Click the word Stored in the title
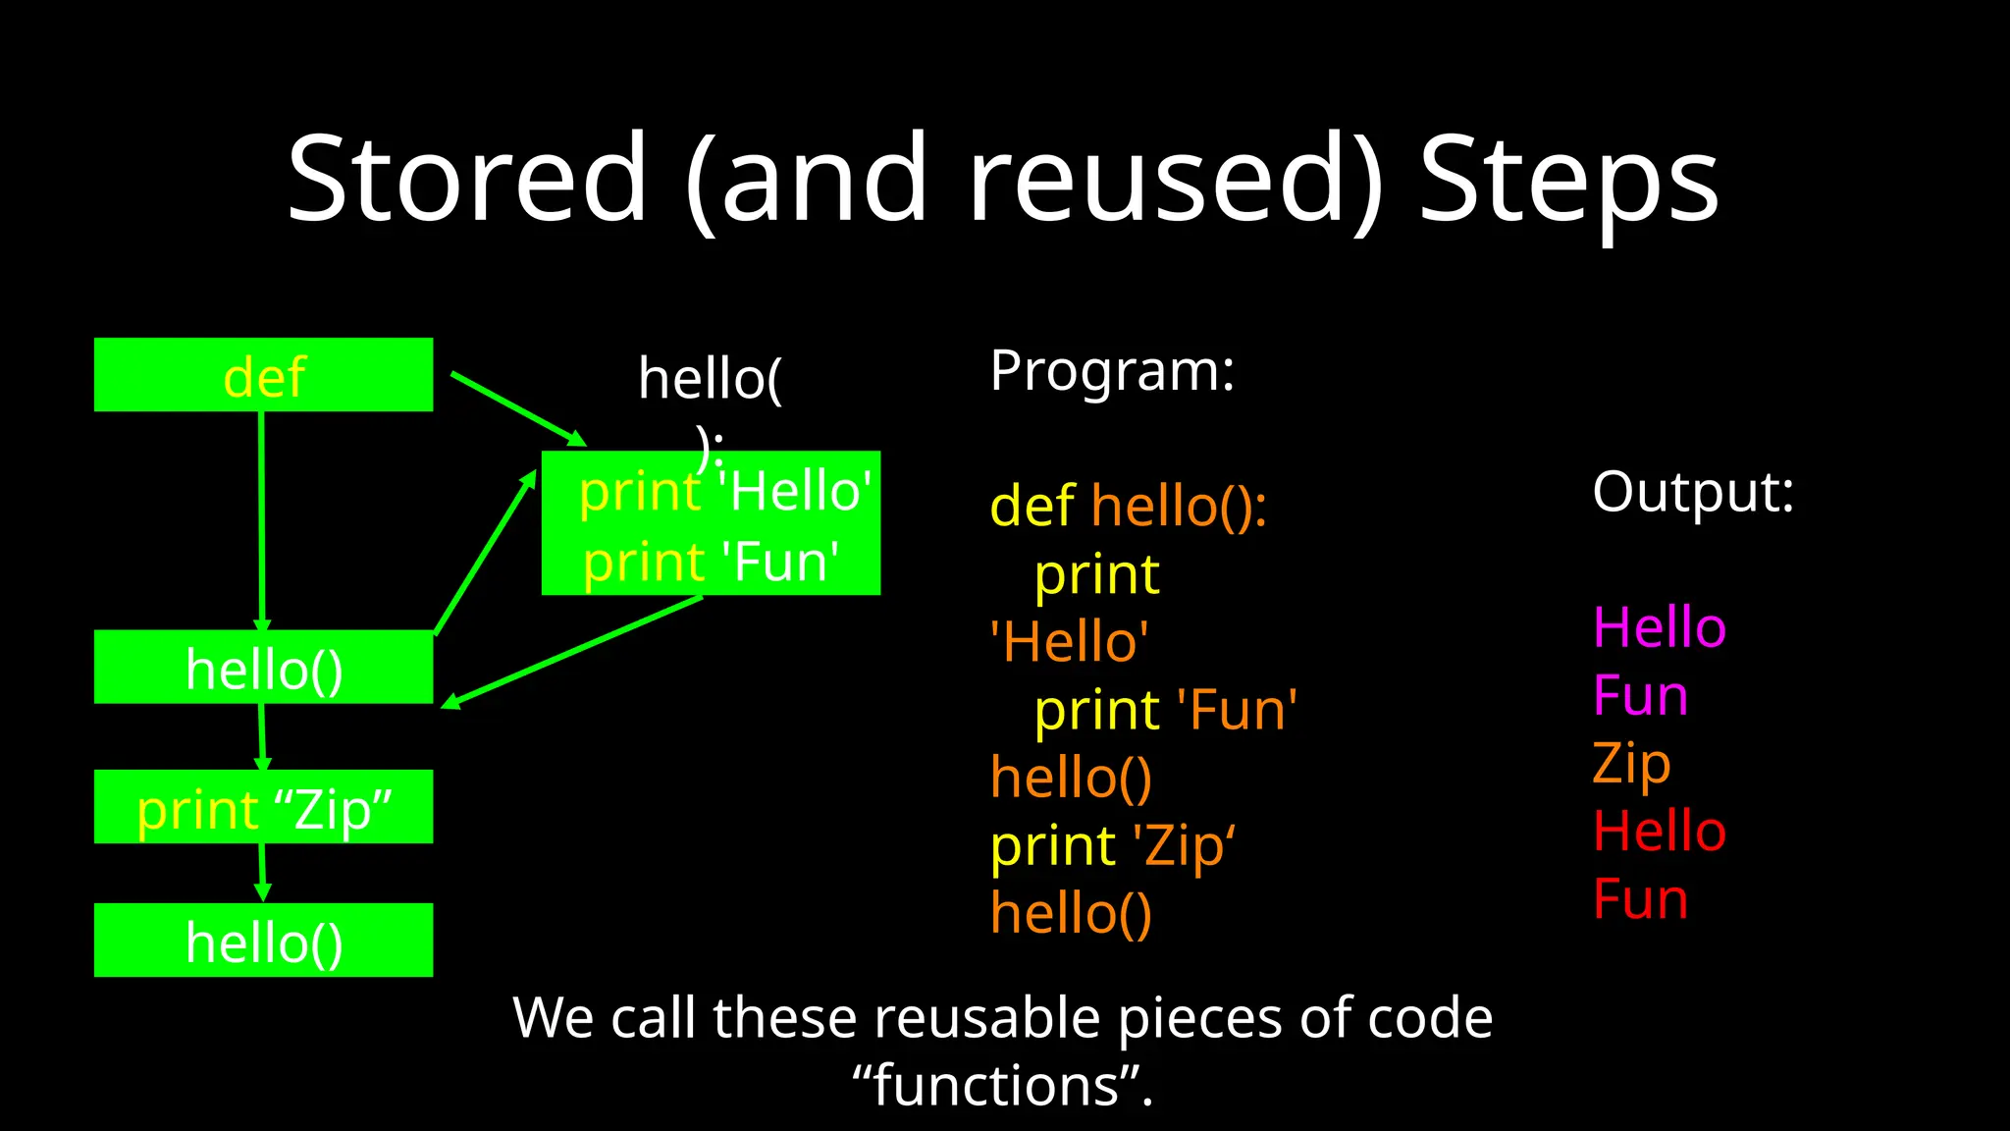[x=467, y=179]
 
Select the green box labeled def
[x=263, y=375]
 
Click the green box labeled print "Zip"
[x=263, y=807]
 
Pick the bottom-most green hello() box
[x=263, y=941]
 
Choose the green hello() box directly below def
[x=263, y=668]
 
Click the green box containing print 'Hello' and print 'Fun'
[x=711, y=524]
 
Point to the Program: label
[x=1112, y=371]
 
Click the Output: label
[x=1693, y=491]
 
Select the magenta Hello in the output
[x=1659, y=627]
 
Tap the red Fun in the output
[x=1640, y=899]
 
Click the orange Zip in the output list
[x=1631, y=764]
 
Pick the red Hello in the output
[x=1659, y=832]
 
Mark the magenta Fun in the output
[x=1640, y=696]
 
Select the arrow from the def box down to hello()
[x=261, y=520]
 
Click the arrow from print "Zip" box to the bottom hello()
[x=262, y=872]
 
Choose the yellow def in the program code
[x=1032, y=507]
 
